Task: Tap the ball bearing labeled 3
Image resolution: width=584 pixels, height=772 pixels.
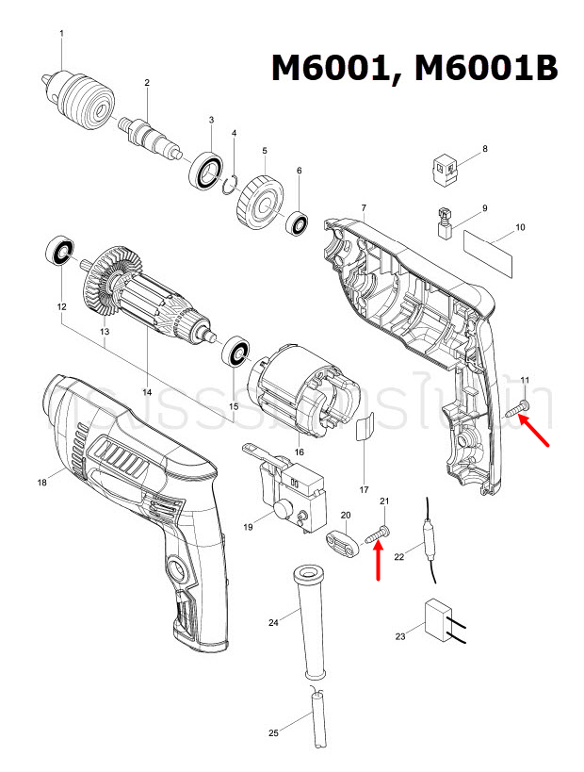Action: point(207,170)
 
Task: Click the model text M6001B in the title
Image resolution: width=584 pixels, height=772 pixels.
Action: point(488,70)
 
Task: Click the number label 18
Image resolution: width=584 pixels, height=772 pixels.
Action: point(41,482)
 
